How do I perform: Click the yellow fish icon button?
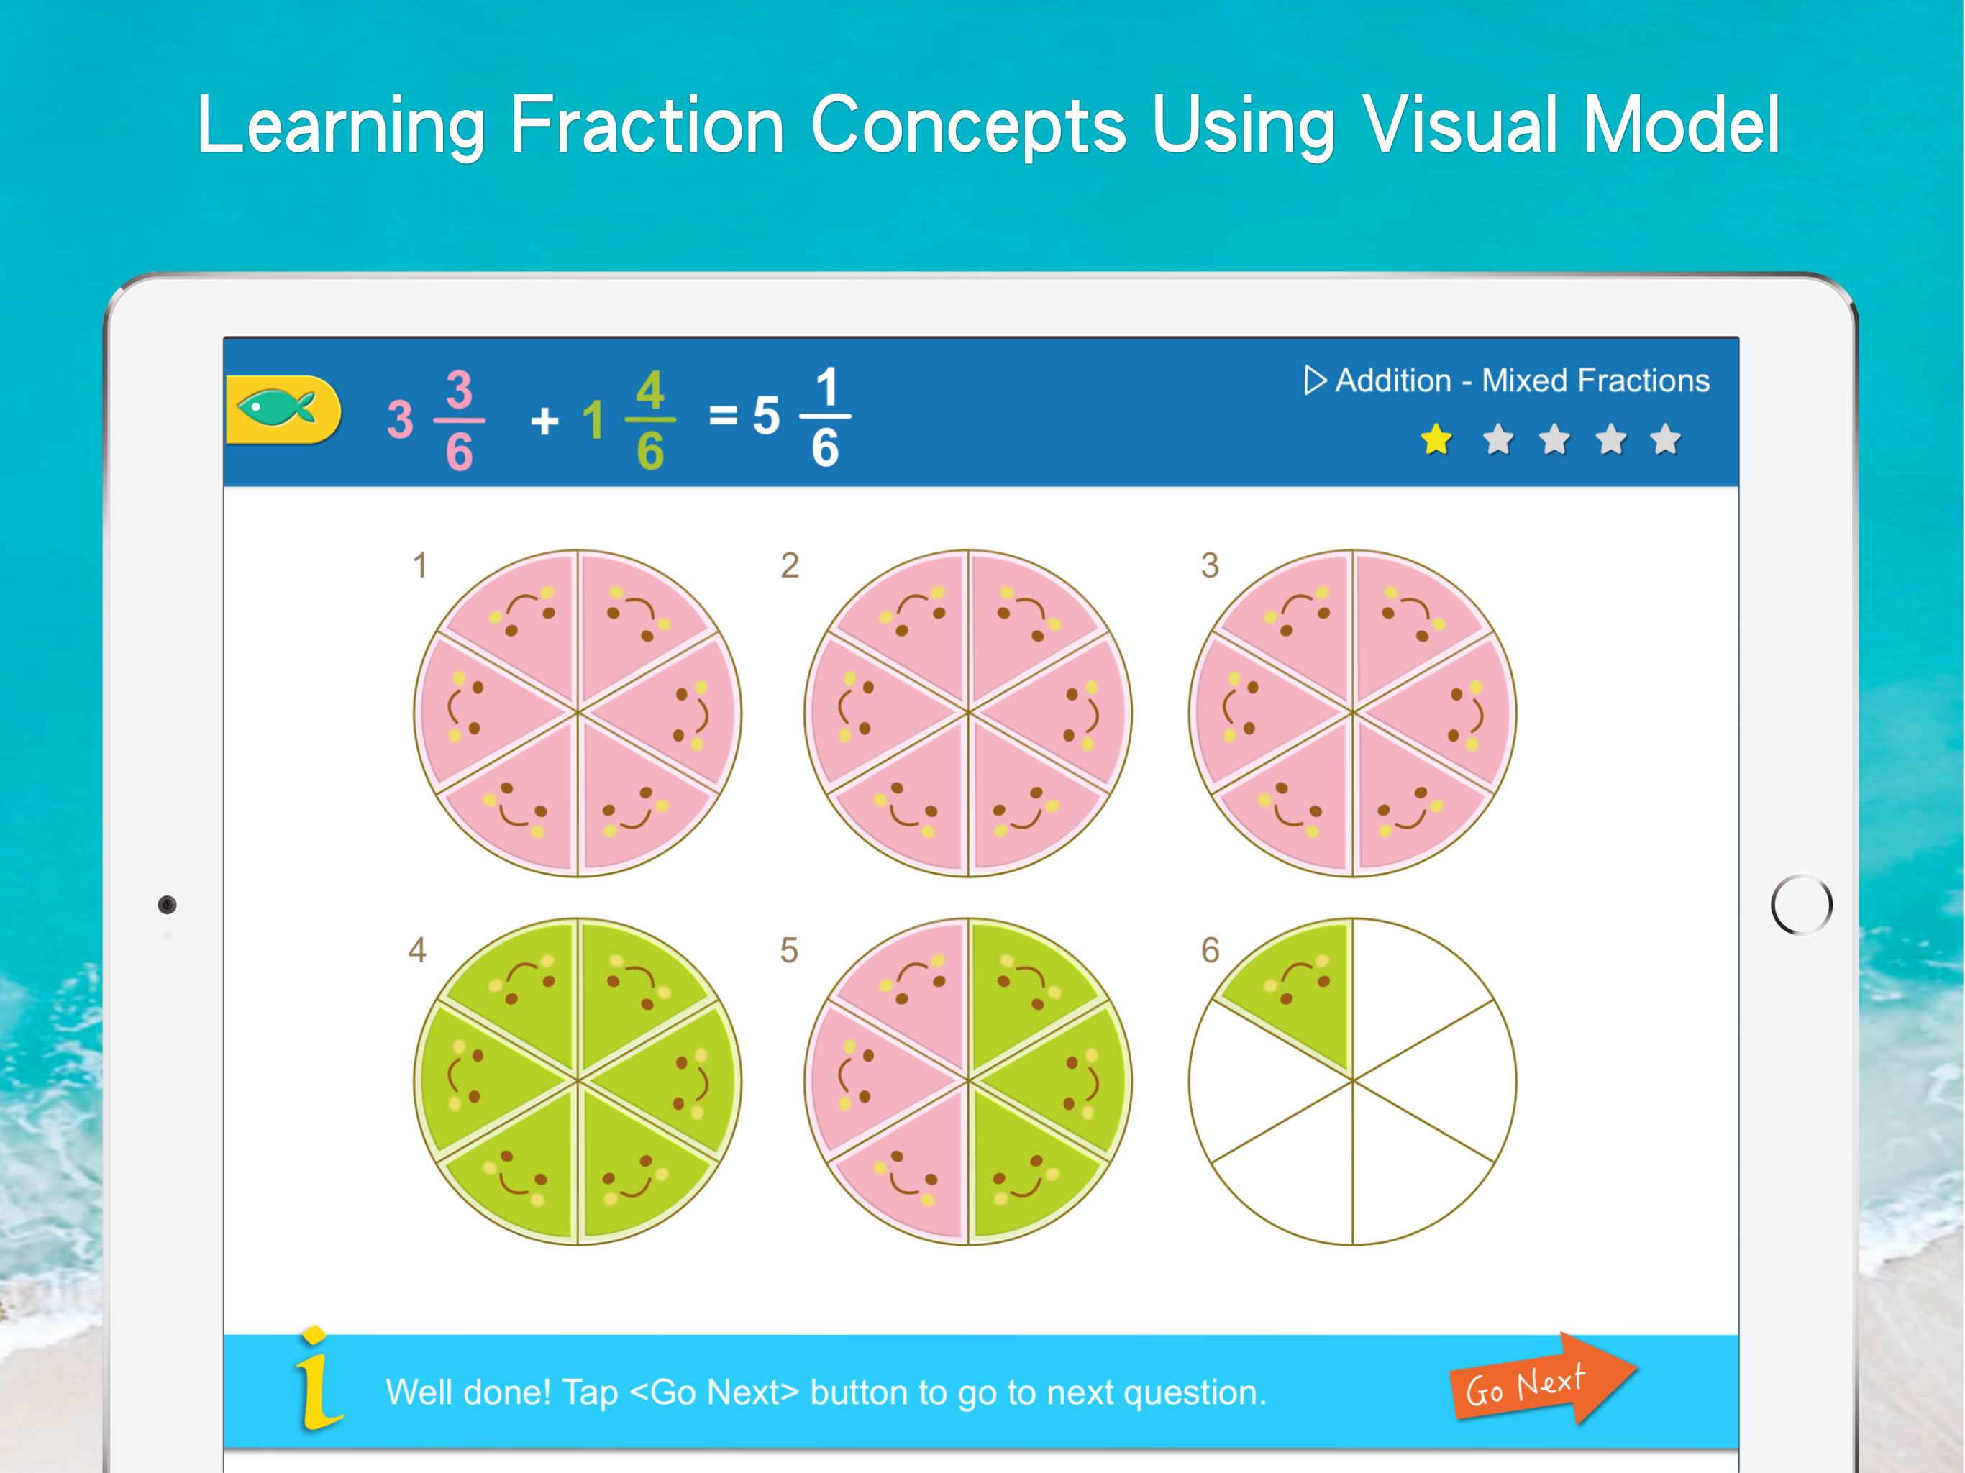283,409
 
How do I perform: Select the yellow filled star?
1436,439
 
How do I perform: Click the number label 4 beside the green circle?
417,949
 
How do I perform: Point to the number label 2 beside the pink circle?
790,565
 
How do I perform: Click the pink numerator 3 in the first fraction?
460,390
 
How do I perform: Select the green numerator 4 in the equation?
650,390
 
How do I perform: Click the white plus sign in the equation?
544,420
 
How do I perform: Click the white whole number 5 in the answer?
766,416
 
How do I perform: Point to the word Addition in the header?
1393,380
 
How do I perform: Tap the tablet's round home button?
1801,904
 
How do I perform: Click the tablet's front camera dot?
167,904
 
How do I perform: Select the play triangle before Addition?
1315,380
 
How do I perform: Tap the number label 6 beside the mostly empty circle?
1210,949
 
